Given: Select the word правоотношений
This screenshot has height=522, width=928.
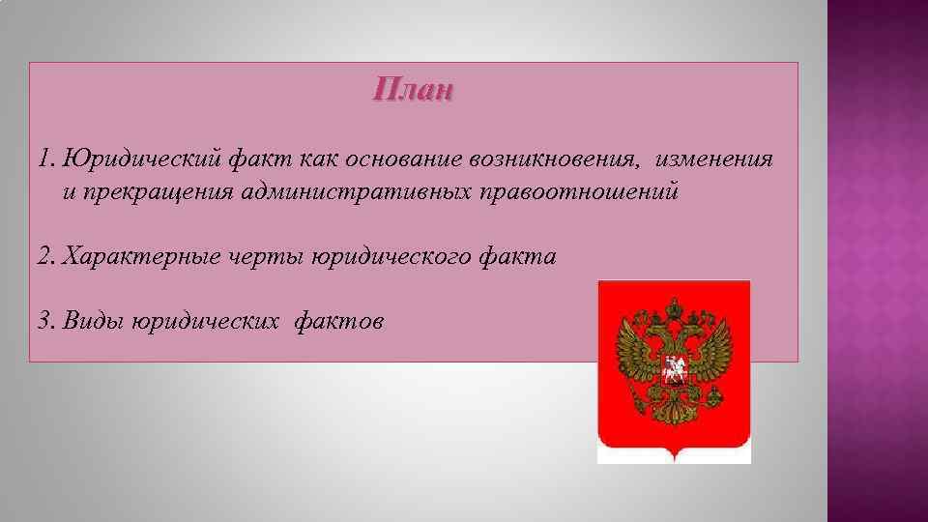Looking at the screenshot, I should (578, 191).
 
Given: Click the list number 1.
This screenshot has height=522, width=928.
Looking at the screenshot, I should (44, 159).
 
